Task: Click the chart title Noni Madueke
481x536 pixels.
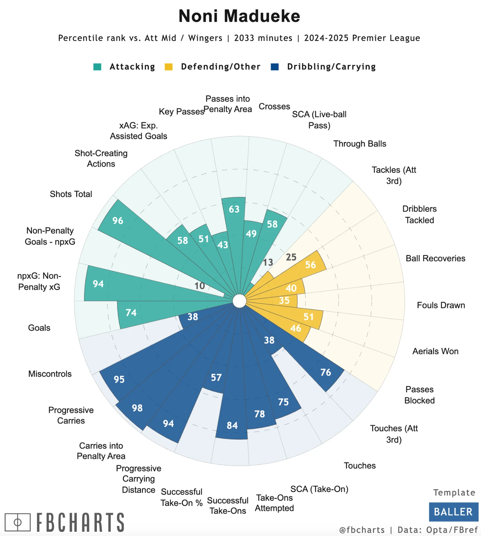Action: click(x=239, y=16)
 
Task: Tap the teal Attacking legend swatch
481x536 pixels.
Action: click(x=97, y=67)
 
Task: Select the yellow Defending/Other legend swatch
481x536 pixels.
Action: click(x=169, y=67)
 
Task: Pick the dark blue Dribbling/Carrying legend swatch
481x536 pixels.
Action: click(x=275, y=67)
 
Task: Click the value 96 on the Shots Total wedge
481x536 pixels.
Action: click(x=118, y=220)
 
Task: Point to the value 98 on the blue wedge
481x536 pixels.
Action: click(x=137, y=408)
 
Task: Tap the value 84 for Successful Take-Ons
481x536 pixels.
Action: click(x=232, y=425)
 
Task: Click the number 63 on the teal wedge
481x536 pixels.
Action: click(x=234, y=209)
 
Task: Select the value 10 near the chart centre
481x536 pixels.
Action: click(x=200, y=286)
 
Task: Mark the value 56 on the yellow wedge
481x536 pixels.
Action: click(x=310, y=265)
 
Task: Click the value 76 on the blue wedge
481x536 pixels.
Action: click(x=325, y=372)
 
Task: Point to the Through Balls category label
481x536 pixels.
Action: click(x=359, y=144)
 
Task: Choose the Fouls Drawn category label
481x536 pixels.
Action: click(x=441, y=305)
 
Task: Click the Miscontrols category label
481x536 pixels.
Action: click(x=50, y=374)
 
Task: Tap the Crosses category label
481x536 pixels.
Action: click(x=274, y=107)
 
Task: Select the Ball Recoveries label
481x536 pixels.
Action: click(x=435, y=258)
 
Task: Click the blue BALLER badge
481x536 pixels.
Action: click(x=453, y=512)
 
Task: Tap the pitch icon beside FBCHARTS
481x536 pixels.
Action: click(x=18, y=522)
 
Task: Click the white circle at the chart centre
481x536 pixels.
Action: click(x=240, y=301)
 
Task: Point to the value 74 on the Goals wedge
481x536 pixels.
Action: click(x=131, y=312)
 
